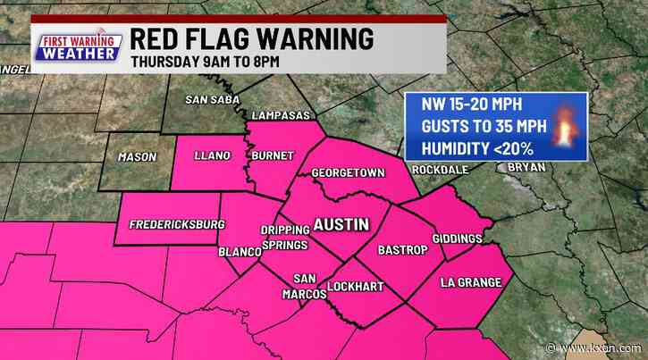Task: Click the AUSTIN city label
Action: (340, 225)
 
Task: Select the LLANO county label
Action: (213, 155)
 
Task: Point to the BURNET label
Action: (273, 155)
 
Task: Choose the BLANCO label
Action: (239, 252)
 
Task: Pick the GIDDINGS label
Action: (458, 239)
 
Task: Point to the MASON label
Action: (138, 157)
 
